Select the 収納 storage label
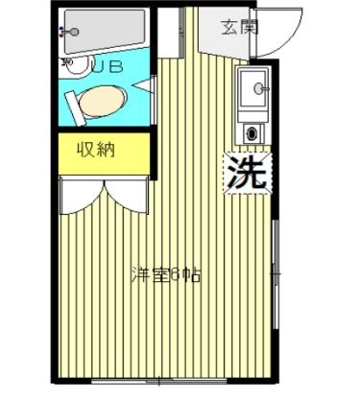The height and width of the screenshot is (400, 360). tap(97, 150)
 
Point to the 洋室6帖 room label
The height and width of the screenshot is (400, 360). tap(167, 274)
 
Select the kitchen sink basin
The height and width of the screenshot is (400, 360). tap(255, 90)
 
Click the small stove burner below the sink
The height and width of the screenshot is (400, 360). tap(254, 132)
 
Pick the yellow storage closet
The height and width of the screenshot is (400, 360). tap(104, 153)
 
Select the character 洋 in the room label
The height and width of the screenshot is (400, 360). tap(137, 274)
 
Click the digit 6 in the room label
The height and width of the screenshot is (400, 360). tap(176, 274)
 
